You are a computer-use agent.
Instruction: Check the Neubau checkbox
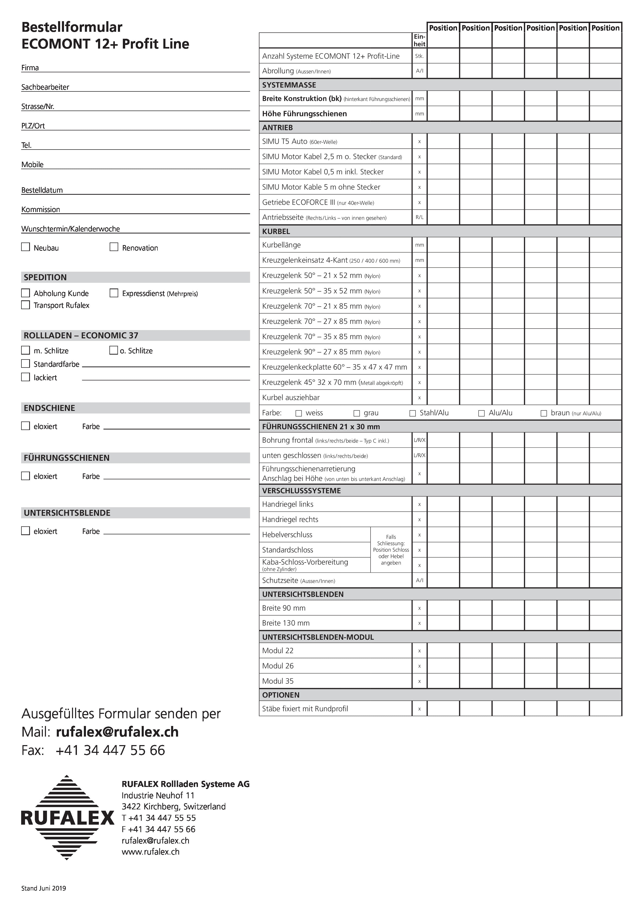point(26,247)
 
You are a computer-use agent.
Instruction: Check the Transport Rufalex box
point(26,305)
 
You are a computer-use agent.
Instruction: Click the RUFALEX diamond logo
point(67,817)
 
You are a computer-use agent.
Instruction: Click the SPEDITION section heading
point(45,277)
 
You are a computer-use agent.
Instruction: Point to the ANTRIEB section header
point(278,128)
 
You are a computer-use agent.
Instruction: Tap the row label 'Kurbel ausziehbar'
point(291,398)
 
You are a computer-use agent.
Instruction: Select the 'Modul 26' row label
point(278,666)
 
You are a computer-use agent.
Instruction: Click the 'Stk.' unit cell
point(419,56)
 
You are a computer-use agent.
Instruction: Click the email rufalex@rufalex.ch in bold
point(117,732)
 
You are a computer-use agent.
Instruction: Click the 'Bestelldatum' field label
point(42,190)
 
